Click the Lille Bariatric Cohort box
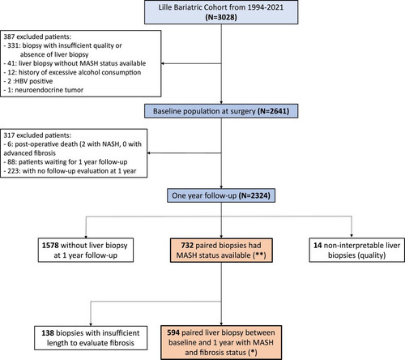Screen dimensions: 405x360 [221, 12]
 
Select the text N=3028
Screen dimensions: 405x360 [221, 17]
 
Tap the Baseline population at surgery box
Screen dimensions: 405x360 [221, 111]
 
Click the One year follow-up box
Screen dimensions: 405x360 [221, 195]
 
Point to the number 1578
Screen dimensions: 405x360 [50, 245]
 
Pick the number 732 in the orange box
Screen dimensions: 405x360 [187, 245]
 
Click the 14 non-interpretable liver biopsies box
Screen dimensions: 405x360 [356, 250]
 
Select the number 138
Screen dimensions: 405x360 [48, 333]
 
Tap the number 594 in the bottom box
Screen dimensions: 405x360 [173, 332]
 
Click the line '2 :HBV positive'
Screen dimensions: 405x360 [28, 81]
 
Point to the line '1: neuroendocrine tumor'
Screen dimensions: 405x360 [44, 90]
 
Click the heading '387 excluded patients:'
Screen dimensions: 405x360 [37, 36]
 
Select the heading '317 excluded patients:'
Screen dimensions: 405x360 [37, 135]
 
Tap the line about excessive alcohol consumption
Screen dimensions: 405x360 [72, 72]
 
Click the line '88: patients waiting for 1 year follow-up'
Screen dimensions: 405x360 [66, 162]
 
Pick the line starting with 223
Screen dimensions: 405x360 [70, 171]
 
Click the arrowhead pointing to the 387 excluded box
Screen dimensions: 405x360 [163, 63]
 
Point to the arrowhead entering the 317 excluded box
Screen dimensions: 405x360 [149, 153]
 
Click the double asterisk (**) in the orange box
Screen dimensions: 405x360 [259, 255]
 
